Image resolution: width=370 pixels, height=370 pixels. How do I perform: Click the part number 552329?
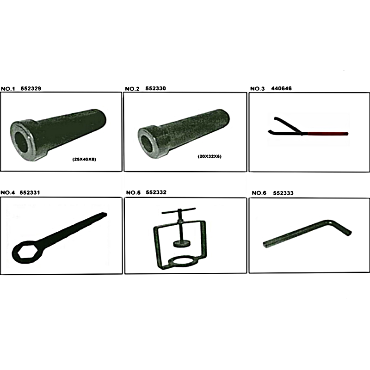tap(31, 88)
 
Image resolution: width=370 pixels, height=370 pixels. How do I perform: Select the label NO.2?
tap(132, 89)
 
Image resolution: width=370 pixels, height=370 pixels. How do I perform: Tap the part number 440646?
tap(281, 88)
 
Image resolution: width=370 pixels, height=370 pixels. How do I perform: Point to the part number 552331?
tap(30, 192)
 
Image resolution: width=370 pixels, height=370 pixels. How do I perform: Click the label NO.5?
tap(133, 192)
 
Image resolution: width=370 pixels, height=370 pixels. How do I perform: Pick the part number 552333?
tap(283, 193)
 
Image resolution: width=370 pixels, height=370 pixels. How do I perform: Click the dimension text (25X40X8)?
tap(84, 159)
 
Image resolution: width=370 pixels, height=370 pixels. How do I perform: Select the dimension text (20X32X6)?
tap(210, 156)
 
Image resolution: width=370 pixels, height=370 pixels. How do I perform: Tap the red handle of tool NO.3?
tap(328, 134)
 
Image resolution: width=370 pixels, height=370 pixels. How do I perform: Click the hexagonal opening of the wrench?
tap(25, 252)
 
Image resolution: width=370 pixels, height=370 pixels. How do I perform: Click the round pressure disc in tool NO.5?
tap(181, 244)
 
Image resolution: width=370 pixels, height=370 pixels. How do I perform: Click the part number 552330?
tap(155, 88)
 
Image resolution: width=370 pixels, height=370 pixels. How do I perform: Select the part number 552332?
tap(156, 192)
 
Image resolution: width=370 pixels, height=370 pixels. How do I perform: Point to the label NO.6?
tap(259, 193)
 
